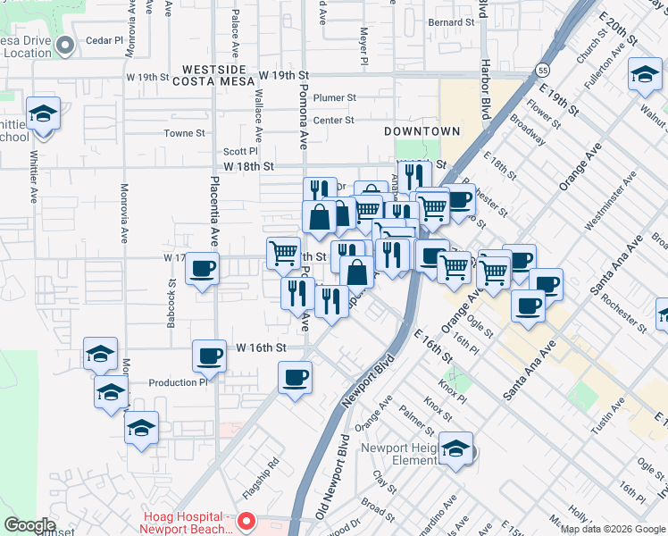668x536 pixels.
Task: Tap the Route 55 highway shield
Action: (543, 69)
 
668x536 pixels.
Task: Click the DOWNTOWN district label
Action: (422, 131)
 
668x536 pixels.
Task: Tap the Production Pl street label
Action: (178, 382)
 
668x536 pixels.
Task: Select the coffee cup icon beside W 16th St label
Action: (209, 356)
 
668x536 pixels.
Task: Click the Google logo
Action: (29, 525)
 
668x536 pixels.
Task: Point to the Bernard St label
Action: (451, 22)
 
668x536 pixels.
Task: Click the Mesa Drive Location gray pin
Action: (64, 44)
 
